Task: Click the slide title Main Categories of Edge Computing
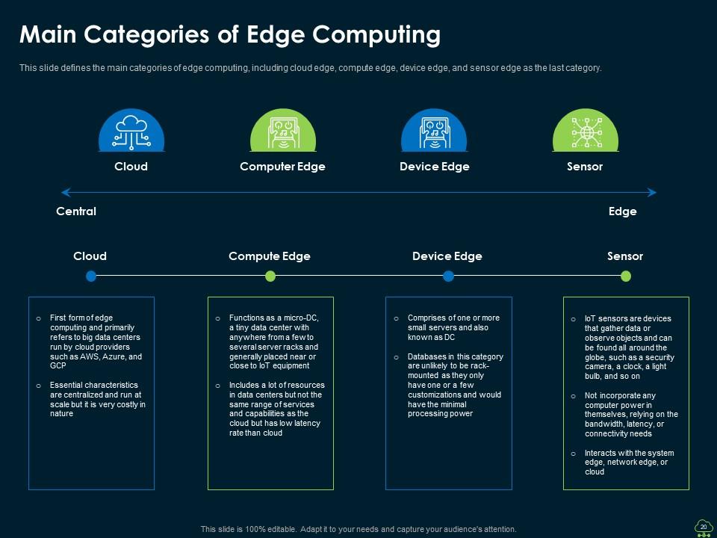pos(229,34)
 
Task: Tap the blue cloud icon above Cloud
pos(131,131)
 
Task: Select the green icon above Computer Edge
pos(282,131)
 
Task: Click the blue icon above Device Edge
pos(434,131)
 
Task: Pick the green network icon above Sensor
pos(585,131)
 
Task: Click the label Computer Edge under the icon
pos(282,167)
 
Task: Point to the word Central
pos(76,211)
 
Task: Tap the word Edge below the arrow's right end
pos(622,211)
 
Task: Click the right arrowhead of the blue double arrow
pos(652,193)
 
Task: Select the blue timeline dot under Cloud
pos(91,276)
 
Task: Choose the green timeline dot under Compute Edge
pos(270,276)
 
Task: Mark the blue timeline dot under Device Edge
pos(448,276)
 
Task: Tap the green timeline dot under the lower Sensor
pos(626,276)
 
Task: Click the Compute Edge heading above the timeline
pos(269,256)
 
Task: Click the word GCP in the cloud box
pos(58,366)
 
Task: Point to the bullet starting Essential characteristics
pos(97,399)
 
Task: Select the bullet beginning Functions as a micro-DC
pos(274,342)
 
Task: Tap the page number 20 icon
pos(702,527)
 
